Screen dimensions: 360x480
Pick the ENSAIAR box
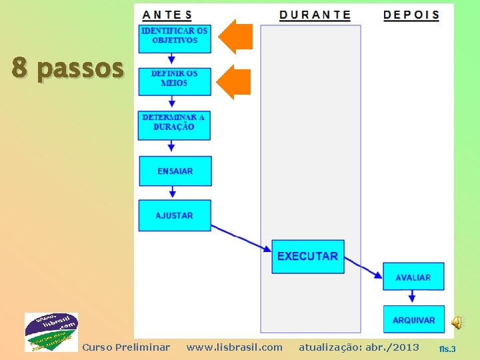click(175, 171)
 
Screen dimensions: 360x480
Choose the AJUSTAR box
click(175, 215)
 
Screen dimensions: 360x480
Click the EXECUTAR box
click(307, 257)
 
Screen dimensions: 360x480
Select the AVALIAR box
click(413, 277)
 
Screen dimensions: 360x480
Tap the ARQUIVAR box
click(413, 320)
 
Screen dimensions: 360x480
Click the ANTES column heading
click(167, 15)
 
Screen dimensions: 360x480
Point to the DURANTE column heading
click(315, 15)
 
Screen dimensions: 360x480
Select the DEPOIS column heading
click(411, 15)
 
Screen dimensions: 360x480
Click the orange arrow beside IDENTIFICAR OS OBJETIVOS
click(236, 37)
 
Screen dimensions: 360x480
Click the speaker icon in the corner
click(457, 323)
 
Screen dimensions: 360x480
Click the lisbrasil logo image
click(51, 332)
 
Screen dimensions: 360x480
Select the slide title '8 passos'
click(67, 68)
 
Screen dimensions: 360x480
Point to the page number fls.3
click(447, 349)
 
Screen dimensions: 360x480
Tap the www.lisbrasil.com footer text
click(234, 347)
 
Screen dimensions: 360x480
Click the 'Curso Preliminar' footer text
click(126, 347)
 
